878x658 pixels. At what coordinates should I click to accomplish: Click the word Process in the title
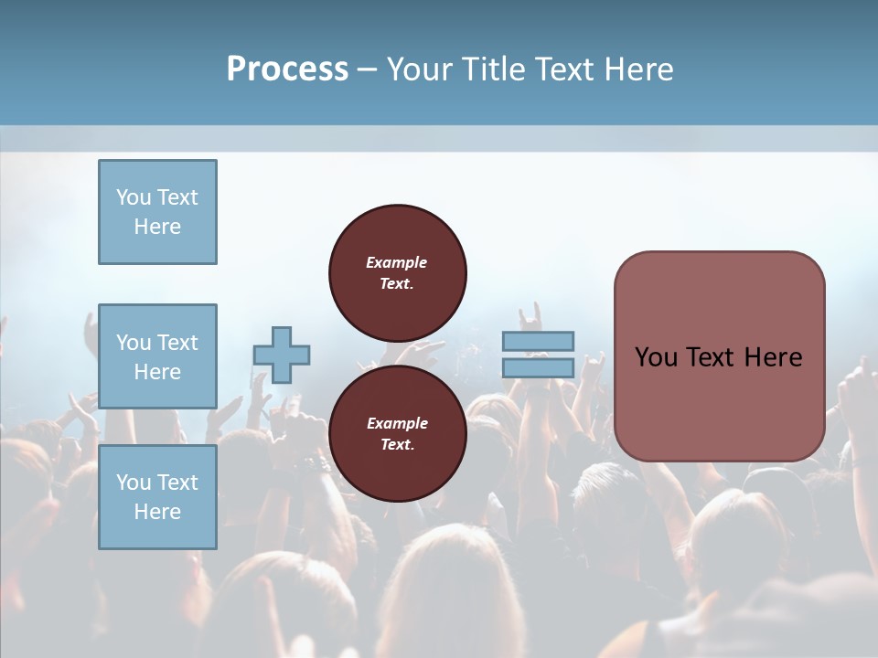pos(287,69)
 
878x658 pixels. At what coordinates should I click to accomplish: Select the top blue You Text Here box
pos(157,212)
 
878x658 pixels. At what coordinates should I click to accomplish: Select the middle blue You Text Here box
pos(157,356)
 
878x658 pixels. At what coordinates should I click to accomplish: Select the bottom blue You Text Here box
pos(157,497)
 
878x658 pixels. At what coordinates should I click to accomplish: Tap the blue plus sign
pos(282,356)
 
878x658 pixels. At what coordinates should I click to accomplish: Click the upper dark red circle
pos(398,273)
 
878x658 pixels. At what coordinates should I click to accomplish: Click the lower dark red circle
pos(398,434)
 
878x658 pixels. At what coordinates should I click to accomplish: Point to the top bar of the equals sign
pos(539,341)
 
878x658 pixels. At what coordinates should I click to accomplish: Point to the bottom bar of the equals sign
pos(539,368)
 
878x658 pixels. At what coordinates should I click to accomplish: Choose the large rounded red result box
pos(719,356)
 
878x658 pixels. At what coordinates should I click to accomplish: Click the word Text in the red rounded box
pos(709,356)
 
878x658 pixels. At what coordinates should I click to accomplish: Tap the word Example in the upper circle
pos(397,262)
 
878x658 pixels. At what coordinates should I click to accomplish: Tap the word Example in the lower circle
pos(397,423)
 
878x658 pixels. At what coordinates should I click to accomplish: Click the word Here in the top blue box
pos(157,227)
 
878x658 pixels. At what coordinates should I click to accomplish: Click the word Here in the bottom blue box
pos(157,512)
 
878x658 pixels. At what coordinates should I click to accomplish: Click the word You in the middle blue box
pos(133,343)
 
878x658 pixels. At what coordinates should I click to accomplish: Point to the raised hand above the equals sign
pos(531,316)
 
